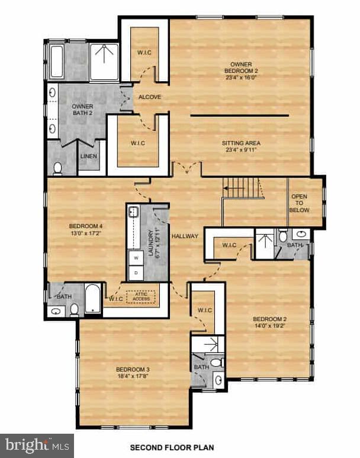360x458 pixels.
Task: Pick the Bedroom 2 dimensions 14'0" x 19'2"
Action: point(269,325)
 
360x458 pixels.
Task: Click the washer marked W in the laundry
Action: point(136,258)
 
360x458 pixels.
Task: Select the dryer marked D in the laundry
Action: point(136,273)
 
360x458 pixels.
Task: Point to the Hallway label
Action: point(185,236)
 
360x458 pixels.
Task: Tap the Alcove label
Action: point(150,97)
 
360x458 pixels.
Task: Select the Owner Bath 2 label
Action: point(83,110)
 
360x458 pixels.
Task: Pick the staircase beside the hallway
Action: point(243,188)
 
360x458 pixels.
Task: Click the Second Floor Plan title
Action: point(172,447)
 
